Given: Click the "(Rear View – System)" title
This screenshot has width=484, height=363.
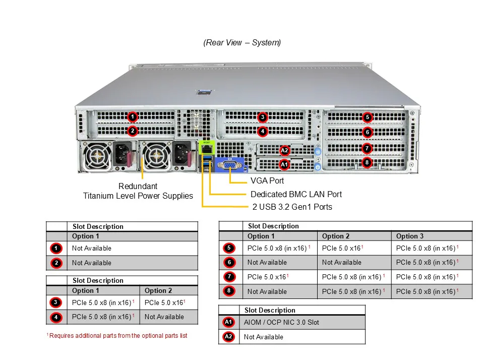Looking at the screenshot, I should [x=242, y=43].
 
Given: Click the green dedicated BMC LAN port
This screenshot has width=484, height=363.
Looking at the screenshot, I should [x=207, y=148].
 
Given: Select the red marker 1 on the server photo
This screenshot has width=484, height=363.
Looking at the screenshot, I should [x=132, y=117].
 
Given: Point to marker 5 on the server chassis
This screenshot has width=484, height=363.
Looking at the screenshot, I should [x=368, y=117].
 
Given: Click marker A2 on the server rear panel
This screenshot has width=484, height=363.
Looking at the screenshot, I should [x=284, y=150].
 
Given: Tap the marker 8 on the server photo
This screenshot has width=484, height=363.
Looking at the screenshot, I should [x=368, y=162].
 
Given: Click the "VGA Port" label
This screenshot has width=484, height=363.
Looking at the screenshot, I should [x=267, y=180].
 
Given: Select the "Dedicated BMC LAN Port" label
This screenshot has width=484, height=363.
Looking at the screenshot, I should [x=296, y=194].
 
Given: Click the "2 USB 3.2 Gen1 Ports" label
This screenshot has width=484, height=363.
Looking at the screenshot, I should [x=292, y=207].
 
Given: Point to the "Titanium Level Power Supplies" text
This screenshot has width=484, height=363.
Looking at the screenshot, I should [x=138, y=196].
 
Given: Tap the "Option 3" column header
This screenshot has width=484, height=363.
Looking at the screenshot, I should [x=410, y=236].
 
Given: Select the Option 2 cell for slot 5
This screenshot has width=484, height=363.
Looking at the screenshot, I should [x=342, y=248].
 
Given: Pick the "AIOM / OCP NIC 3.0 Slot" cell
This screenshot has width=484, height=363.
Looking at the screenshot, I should [x=281, y=322].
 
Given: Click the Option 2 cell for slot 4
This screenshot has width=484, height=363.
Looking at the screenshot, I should [x=164, y=317].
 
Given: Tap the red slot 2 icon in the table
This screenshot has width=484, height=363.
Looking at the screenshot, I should [x=56, y=263].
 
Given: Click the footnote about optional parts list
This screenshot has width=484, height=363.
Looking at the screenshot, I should [x=116, y=336].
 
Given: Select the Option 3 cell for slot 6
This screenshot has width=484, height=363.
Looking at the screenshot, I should [x=427, y=262].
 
